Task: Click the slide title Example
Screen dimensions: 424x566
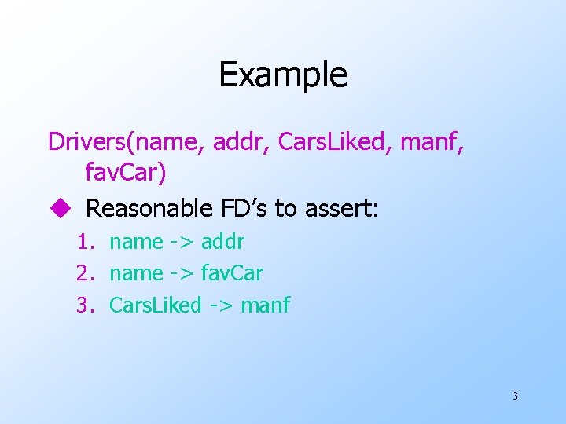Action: coord(282,75)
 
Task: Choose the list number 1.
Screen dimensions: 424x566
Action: coord(86,242)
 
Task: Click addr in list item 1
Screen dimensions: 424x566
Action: coord(223,242)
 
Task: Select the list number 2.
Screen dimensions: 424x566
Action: coord(86,273)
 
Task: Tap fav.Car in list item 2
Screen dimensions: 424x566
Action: coord(232,273)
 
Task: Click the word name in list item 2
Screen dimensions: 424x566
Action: coord(136,273)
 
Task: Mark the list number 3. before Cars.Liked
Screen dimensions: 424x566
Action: coord(86,305)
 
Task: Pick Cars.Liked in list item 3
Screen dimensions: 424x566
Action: coord(156,305)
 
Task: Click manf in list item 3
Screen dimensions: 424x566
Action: coord(266,305)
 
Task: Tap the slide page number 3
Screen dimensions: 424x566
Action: coord(515,396)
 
